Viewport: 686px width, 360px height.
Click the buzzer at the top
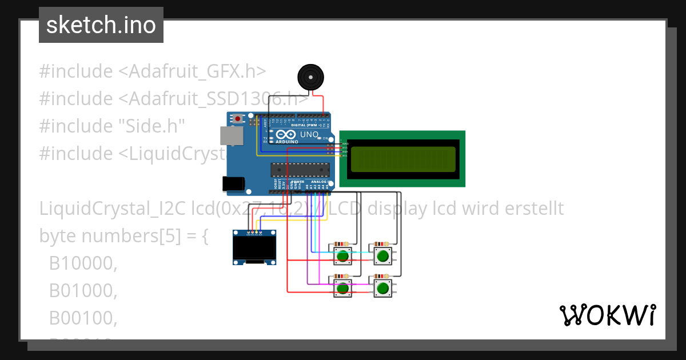click(x=310, y=77)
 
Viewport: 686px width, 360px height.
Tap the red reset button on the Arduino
click(x=237, y=119)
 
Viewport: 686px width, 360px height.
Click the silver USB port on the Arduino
click(x=232, y=136)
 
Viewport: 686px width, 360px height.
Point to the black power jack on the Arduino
click(x=234, y=183)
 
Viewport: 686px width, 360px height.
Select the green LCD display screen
click(x=402, y=159)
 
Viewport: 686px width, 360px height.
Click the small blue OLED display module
click(x=254, y=247)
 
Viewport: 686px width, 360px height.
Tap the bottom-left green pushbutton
click(x=343, y=288)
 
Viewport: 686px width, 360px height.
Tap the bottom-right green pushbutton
click(x=383, y=288)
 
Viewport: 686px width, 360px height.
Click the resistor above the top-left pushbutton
click(x=342, y=244)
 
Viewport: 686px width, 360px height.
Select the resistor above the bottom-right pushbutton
click(x=382, y=277)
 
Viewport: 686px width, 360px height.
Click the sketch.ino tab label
click(x=101, y=25)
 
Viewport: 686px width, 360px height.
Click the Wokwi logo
click(x=607, y=315)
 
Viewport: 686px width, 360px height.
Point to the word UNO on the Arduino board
click(x=309, y=134)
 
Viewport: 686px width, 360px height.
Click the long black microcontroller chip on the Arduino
click(x=300, y=169)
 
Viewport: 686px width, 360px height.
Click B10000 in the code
click(x=83, y=263)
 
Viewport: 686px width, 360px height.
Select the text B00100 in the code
click(x=83, y=318)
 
